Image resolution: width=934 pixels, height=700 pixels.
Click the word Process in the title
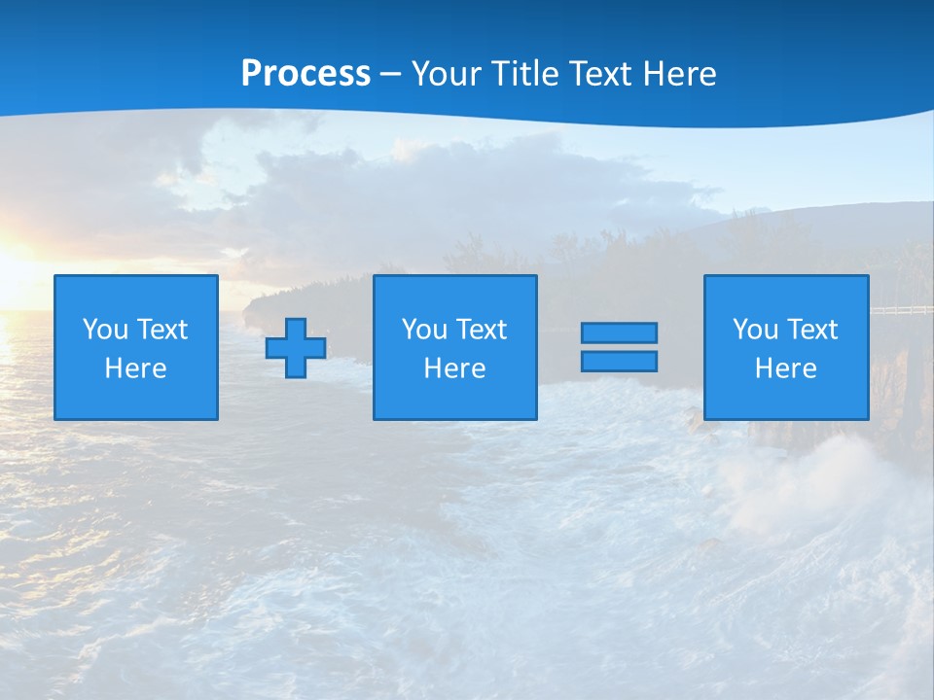[x=305, y=74]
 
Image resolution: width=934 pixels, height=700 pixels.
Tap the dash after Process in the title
[x=391, y=74]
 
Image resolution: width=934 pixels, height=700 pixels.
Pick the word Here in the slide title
[x=680, y=74]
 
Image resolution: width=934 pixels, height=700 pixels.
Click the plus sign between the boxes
[x=296, y=347]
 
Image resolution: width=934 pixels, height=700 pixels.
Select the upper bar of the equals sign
[x=619, y=332]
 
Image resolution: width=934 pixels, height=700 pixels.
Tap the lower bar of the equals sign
[x=619, y=362]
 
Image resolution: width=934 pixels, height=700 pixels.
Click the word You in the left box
[x=104, y=330]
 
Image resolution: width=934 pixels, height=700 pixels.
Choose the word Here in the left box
[x=135, y=368]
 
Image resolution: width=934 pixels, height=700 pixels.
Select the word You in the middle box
[x=423, y=330]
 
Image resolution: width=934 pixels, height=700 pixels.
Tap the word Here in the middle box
[x=454, y=368]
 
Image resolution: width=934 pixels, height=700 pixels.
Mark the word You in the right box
[x=754, y=330]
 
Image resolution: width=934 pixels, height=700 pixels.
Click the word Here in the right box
[x=785, y=368]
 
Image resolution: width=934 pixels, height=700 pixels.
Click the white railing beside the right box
[x=901, y=311]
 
